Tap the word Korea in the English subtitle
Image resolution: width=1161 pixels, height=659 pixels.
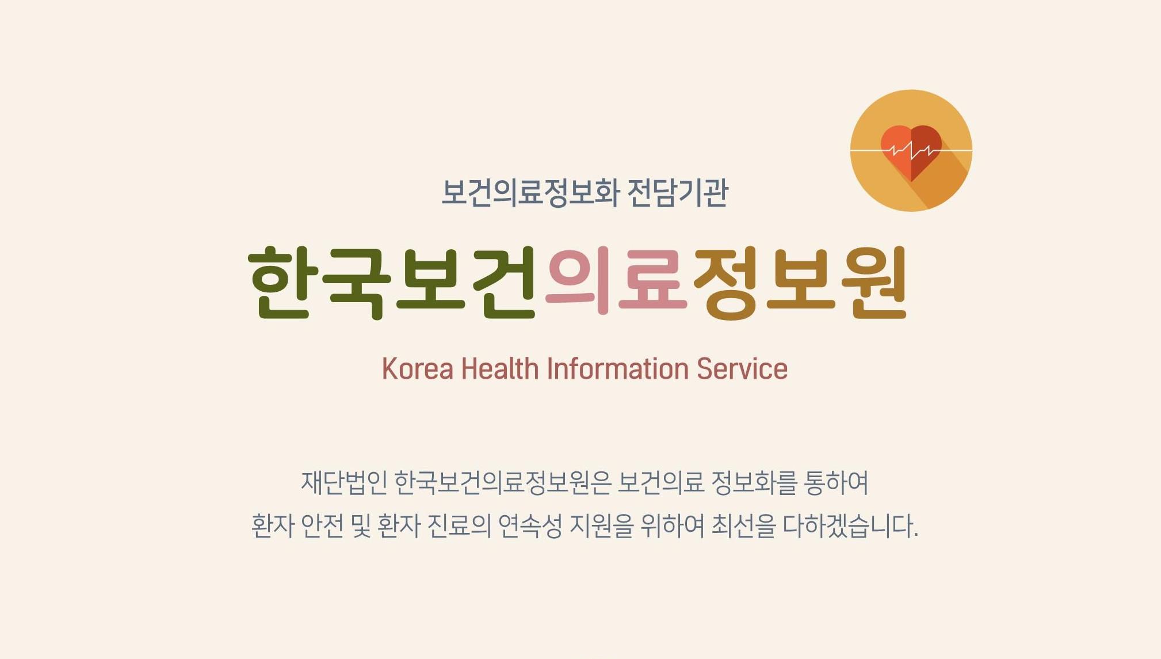pos(417,369)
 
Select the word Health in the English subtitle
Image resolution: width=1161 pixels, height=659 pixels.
pos(499,369)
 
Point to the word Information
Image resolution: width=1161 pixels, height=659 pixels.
pos(617,369)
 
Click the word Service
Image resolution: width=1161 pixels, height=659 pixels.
pos(742,369)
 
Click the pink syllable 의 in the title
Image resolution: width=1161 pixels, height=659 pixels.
pos(579,282)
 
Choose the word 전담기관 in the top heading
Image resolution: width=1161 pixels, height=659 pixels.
pos(677,193)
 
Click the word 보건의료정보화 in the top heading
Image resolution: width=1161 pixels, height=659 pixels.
pos(529,193)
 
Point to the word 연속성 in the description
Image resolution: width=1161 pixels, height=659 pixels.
pos(529,525)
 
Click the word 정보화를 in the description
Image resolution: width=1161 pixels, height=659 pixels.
pos(754,482)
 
